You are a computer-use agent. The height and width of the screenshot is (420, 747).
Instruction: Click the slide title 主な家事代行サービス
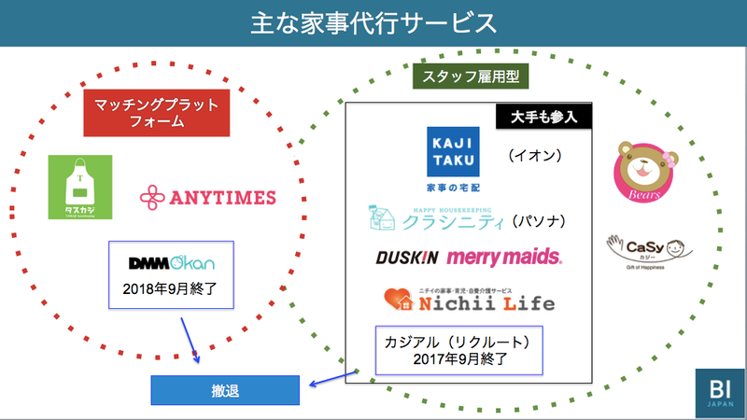[373, 22]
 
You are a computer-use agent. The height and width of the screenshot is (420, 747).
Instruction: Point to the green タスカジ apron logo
[80, 188]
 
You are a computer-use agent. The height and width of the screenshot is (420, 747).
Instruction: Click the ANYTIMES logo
[207, 196]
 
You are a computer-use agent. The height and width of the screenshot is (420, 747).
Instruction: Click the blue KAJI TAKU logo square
[452, 151]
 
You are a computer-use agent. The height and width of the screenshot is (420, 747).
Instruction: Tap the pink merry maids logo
[504, 256]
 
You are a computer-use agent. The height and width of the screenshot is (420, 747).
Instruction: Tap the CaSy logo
[647, 251]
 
